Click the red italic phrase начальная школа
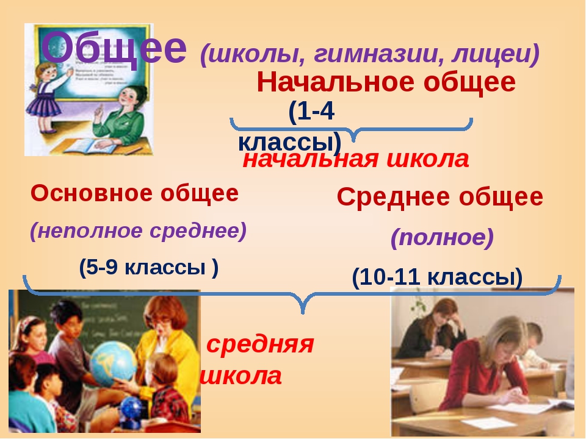tap(356, 160)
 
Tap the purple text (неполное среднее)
tap(139, 230)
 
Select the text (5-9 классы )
tap(148, 267)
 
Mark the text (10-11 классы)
tap(437, 277)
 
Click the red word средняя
tap(260, 344)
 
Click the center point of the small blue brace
tap(352, 129)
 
